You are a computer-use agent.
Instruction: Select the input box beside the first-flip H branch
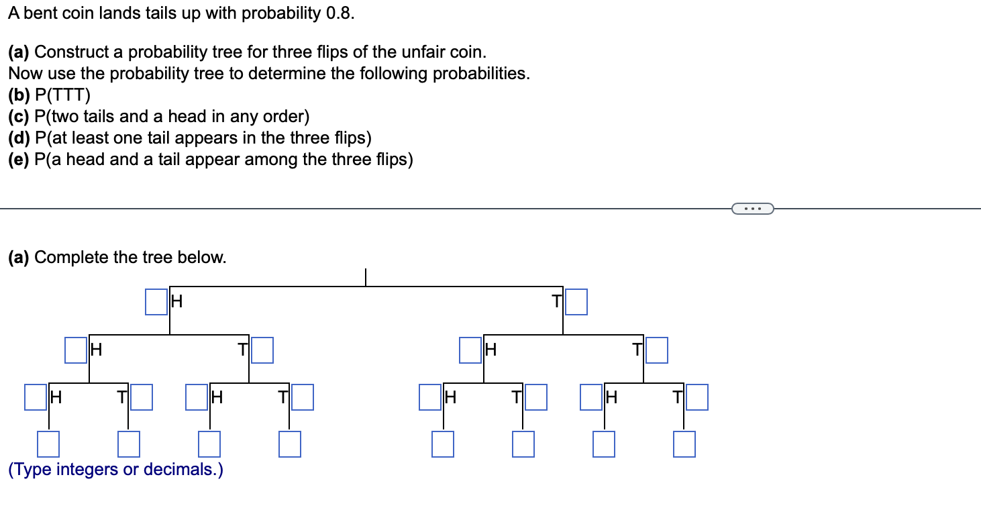156,302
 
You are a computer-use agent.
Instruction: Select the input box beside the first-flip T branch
576,302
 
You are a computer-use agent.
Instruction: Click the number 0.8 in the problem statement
338,14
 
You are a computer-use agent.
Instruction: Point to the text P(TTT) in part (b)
62,95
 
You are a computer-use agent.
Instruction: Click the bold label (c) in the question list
19,117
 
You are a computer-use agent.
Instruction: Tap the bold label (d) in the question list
19,138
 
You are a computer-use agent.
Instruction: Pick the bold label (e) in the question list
19,160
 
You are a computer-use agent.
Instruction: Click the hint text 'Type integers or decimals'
115,470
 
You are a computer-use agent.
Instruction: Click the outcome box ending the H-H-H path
48,445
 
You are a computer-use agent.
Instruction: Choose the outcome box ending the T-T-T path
684,445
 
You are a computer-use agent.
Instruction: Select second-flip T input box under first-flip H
262,350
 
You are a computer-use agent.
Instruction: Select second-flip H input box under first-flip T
470,350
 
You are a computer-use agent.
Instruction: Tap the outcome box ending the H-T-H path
209,445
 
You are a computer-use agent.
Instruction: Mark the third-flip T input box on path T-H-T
536,397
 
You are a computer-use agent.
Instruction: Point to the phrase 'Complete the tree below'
130,258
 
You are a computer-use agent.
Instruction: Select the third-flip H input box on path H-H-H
36,397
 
